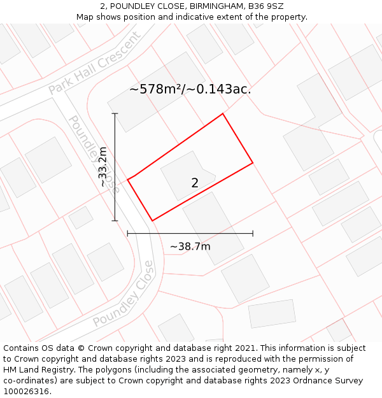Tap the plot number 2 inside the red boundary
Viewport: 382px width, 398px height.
click(x=195, y=183)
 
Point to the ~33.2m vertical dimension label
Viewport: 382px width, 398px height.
click(x=103, y=166)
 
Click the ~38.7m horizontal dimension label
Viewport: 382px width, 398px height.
click(x=190, y=246)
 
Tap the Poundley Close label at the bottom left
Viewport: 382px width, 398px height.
click(x=124, y=294)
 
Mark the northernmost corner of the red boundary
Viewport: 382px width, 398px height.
click(x=223, y=114)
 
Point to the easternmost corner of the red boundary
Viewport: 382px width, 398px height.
click(x=253, y=163)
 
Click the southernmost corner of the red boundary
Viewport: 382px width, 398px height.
click(x=152, y=221)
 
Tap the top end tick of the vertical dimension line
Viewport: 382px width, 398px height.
click(x=115, y=113)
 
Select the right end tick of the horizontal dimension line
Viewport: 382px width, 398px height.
click(x=253, y=234)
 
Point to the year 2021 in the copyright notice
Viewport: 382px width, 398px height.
click(x=246, y=348)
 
